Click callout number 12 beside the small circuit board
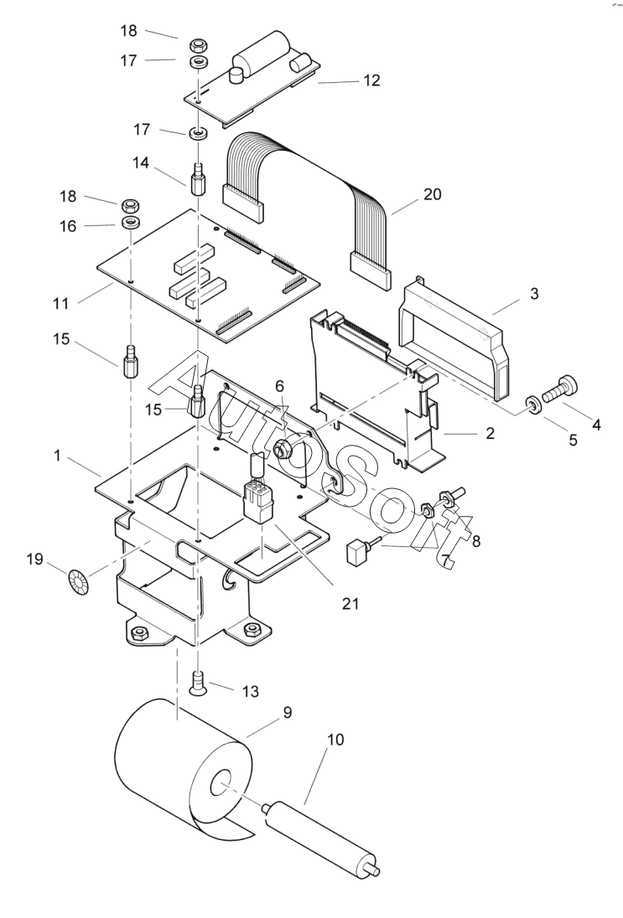click(x=371, y=81)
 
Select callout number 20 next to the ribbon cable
click(x=433, y=194)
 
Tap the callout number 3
click(x=534, y=295)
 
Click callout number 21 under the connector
click(x=350, y=601)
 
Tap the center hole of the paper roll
click(x=221, y=786)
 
